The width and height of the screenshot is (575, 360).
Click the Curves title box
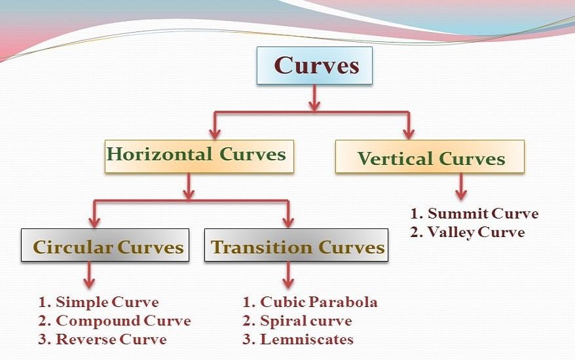[x=314, y=65]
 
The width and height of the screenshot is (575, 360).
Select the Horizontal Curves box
[x=198, y=156]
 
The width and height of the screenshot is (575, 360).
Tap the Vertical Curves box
[x=430, y=157]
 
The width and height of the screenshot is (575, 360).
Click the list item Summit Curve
[x=474, y=214]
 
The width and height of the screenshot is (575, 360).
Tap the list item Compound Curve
[x=115, y=321]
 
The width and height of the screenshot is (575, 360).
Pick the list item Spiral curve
[x=297, y=321]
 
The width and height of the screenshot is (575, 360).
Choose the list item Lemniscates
[x=298, y=339]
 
